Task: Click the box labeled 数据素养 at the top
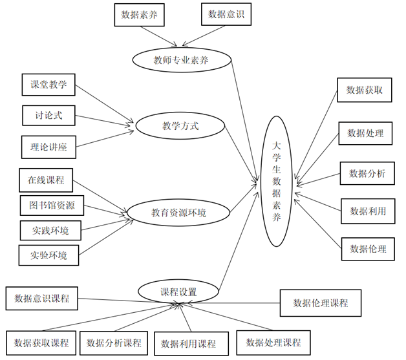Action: pyautogui.click(x=139, y=15)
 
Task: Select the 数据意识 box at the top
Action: pyautogui.click(x=226, y=14)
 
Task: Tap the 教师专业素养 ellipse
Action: pyautogui.click(x=182, y=60)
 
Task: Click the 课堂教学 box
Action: pyautogui.click(x=48, y=85)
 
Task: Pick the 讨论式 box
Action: pyautogui.click(x=48, y=116)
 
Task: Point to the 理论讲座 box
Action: pyautogui.click(x=48, y=147)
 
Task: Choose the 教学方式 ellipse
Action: pyautogui.click(x=180, y=126)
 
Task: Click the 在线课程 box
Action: pyautogui.click(x=46, y=180)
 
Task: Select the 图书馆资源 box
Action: pyautogui.click(x=52, y=206)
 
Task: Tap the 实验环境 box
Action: pyautogui.click(x=48, y=255)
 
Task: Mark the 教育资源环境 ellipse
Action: pyautogui.click(x=178, y=213)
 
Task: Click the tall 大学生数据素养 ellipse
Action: pyautogui.click(x=277, y=181)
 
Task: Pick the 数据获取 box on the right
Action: pyautogui.click(x=365, y=90)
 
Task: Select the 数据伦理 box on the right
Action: pyautogui.click(x=368, y=249)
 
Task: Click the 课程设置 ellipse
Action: pyautogui.click(x=178, y=291)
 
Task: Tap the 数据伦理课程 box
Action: pyautogui.click(x=321, y=303)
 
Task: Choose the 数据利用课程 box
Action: pyautogui.click(x=191, y=344)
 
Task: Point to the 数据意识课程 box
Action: pyautogui.click(x=41, y=299)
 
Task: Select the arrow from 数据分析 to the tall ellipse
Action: pyautogui.click(x=318, y=180)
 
